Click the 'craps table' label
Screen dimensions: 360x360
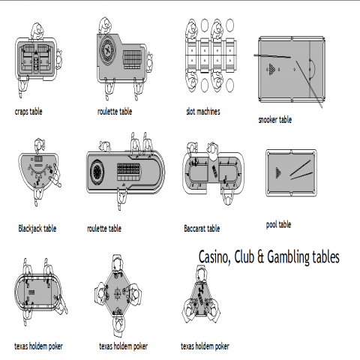coord(28,112)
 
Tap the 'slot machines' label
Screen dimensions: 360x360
coord(203,111)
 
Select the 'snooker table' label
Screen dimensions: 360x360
coord(275,120)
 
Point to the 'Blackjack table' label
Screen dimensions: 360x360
coord(37,229)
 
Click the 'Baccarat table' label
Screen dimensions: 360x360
coord(202,229)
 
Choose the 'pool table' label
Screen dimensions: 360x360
coord(278,224)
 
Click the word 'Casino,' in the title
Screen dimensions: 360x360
coord(214,257)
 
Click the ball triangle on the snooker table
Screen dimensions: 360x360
coord(271,69)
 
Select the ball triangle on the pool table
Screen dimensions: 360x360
coord(278,172)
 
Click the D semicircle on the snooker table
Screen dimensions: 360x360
coord(312,68)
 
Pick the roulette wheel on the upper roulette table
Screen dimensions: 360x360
coord(108,50)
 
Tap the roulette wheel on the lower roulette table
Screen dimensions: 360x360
coord(97,172)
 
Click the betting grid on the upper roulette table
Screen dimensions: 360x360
coord(133,59)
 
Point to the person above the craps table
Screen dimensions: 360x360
coord(37,31)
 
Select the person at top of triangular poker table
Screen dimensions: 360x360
coord(202,274)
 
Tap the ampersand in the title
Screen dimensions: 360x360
coord(260,257)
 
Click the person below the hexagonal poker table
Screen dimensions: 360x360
coord(118,325)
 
